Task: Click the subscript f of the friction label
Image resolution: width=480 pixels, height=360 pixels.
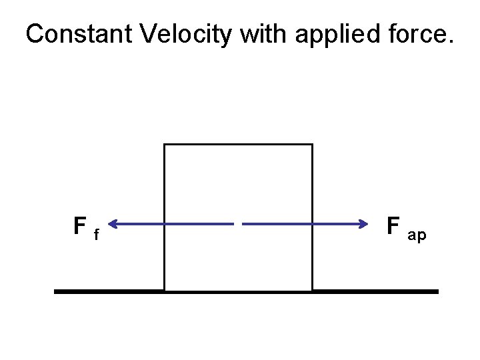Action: [97, 234]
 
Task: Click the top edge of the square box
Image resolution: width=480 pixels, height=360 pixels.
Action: [238, 144]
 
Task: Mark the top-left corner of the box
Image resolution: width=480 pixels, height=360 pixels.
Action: [165, 145]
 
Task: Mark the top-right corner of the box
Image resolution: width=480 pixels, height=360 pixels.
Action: [311, 145]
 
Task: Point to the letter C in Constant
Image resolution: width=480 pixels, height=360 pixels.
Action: [34, 35]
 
